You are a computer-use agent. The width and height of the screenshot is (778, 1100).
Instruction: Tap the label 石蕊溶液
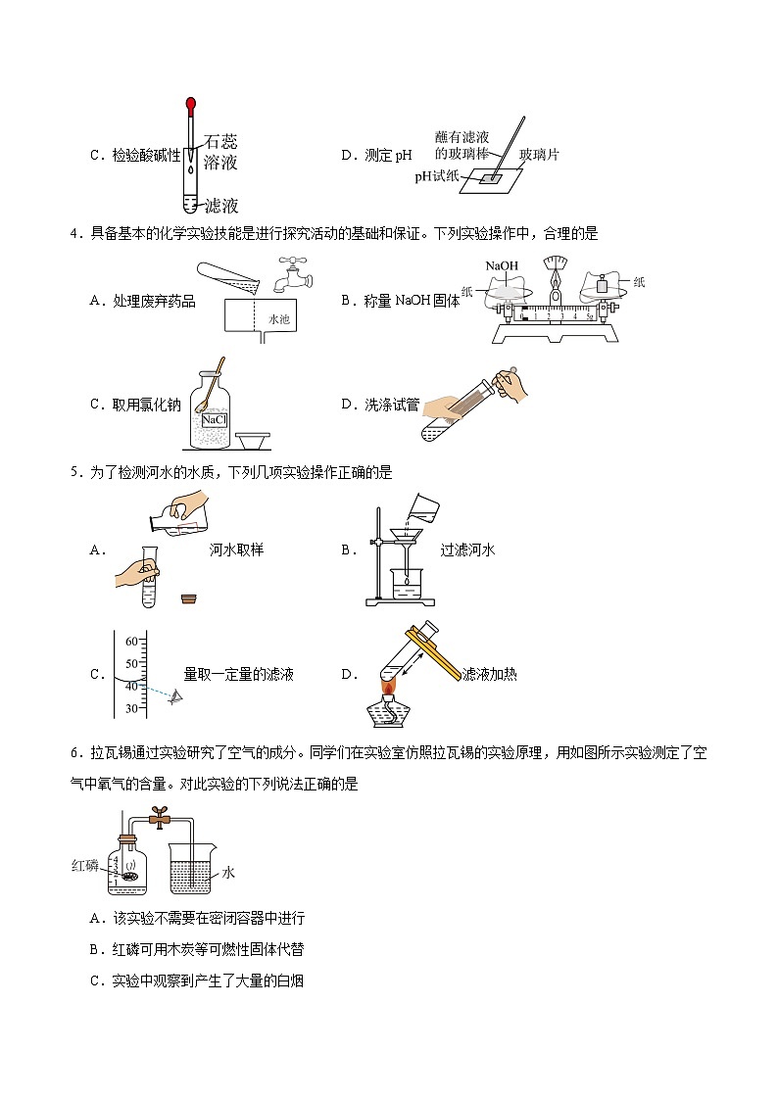coord(220,152)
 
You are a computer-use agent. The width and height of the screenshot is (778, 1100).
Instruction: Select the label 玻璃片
coord(539,155)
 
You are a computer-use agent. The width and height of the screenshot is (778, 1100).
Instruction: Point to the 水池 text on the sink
coord(280,319)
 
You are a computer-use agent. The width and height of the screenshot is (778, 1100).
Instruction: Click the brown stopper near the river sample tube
coord(189,597)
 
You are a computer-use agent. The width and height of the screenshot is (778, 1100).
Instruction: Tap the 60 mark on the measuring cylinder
coord(131,641)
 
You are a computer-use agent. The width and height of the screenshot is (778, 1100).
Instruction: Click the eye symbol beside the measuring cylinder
coord(176,697)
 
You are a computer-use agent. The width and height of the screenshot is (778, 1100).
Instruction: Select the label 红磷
coord(84,865)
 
